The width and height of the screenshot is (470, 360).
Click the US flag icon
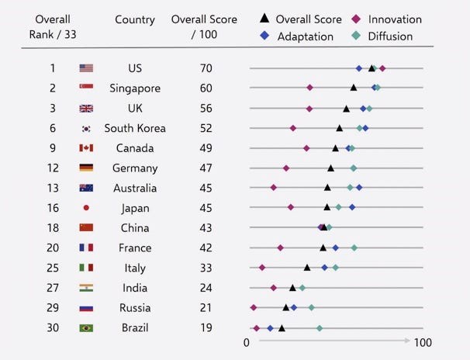[86, 68]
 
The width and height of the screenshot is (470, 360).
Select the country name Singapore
[134, 88]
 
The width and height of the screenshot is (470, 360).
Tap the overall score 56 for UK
[207, 109]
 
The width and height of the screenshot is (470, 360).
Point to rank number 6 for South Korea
[53, 128]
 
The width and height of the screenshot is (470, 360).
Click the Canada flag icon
[86, 148]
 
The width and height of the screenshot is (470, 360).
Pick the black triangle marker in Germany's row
[331, 168]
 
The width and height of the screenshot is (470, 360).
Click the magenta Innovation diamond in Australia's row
[273, 188]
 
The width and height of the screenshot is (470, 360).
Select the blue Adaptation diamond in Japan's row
[352, 207]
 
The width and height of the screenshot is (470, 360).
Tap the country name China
[134, 227]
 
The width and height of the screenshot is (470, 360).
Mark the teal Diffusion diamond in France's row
[354, 247]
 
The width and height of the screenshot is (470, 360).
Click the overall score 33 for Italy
[207, 268]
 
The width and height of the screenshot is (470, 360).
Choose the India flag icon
[86, 288]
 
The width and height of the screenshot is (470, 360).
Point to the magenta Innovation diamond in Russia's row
[254, 307]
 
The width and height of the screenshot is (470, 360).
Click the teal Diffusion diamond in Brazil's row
[319, 328]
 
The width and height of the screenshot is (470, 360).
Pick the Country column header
[134, 19]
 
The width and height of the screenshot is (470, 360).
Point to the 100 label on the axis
[423, 343]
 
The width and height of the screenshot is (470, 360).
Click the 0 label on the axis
[247, 343]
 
